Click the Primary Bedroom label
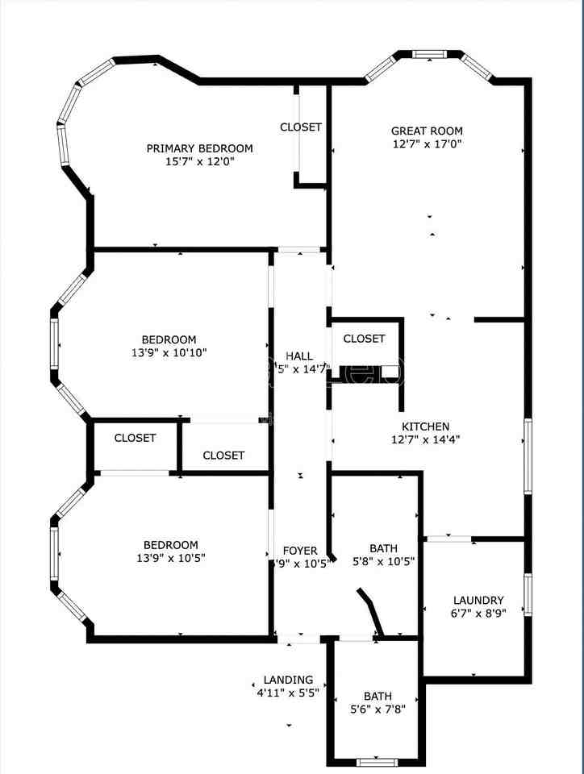(199, 148)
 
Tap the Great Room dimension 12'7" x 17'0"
(427, 144)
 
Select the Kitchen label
(426, 427)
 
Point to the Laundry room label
(478, 600)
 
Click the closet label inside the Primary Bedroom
(301, 127)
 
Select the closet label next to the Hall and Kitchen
(364, 339)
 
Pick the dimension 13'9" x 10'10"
(169, 353)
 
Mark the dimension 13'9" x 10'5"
(169, 558)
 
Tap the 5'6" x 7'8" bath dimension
(378, 709)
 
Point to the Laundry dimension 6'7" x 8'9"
(478, 613)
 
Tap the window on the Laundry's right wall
(528, 594)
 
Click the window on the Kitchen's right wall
(528, 456)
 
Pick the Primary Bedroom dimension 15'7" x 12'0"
(199, 161)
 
